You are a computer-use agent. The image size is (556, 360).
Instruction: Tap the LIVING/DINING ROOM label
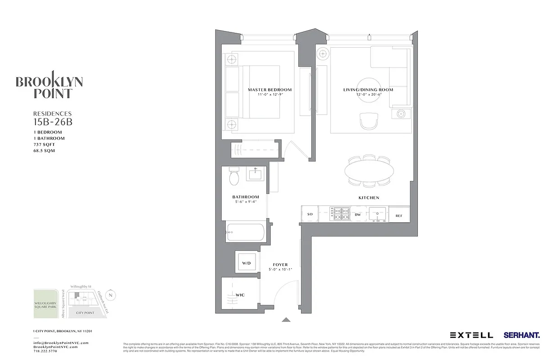coord(368,90)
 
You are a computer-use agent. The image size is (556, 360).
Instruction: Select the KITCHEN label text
coord(368,198)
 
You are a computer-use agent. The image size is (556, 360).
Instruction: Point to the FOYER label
coord(280,265)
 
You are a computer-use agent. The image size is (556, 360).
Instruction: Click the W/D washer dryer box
coord(246,262)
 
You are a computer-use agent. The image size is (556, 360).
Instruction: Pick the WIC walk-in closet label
coord(240,295)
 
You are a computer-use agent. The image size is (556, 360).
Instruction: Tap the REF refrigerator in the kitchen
coord(399,215)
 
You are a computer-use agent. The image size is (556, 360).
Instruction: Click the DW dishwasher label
coord(358,215)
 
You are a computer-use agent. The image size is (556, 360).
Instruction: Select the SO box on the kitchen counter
coord(309,215)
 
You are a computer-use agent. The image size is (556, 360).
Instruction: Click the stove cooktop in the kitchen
coord(340,213)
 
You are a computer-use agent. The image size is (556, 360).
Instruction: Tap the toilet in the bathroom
coord(234,178)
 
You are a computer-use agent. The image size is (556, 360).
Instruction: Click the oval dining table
coord(369,171)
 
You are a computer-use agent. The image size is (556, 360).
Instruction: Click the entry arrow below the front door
coord(286,320)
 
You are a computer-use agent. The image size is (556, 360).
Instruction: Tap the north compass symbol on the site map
coord(112,295)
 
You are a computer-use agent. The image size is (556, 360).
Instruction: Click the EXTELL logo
coord(471,335)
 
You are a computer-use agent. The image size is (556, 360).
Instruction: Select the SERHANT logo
coord(521,335)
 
